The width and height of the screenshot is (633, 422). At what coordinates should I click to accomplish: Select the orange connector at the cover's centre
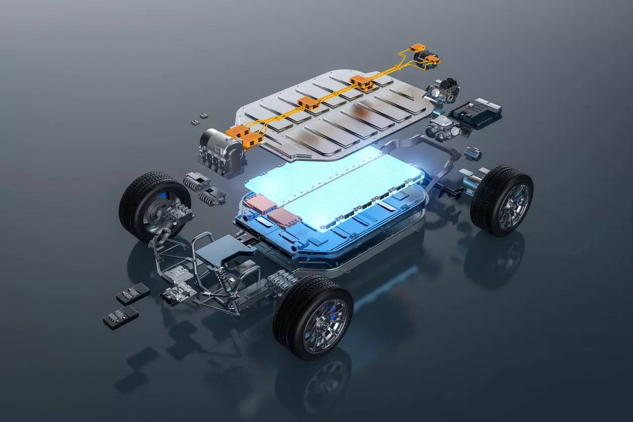pyautogui.click(x=308, y=104)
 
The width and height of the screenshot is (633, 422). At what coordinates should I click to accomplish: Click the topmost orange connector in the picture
pyautogui.click(x=417, y=49)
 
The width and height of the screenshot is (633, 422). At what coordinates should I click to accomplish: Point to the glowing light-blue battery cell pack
pyautogui.click(x=333, y=187)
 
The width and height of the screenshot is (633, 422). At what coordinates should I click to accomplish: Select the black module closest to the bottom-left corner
pyautogui.click(x=121, y=318)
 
